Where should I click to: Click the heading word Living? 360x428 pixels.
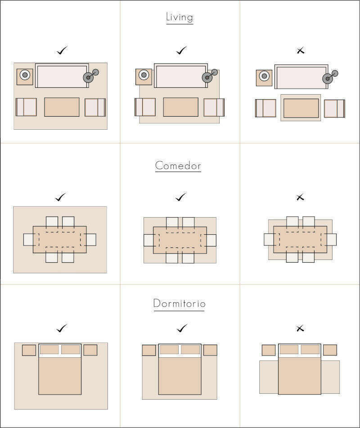180,17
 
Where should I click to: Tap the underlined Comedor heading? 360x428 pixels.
178,166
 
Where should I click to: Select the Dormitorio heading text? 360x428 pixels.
179,303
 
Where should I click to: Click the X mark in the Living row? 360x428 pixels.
300,50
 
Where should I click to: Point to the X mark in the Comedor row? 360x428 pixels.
300,197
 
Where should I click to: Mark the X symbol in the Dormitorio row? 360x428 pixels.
300,328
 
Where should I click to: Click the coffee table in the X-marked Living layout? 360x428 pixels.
301,108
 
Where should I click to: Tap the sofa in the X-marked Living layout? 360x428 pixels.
301,77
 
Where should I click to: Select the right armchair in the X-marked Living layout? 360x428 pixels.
335,109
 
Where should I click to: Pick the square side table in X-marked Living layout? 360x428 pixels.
264,78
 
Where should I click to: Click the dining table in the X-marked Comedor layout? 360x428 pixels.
300,239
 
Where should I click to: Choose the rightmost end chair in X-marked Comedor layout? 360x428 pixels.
331,239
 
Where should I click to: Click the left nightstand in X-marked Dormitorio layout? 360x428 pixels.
269,350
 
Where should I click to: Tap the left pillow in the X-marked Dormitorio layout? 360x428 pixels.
289,350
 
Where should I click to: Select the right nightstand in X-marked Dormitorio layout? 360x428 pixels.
330,350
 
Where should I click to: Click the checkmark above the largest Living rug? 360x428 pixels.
62,50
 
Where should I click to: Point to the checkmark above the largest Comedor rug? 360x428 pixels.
60,197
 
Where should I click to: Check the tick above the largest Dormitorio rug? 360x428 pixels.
62,328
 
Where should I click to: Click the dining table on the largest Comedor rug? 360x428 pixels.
60,240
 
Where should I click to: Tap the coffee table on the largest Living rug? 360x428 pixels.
62,107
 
